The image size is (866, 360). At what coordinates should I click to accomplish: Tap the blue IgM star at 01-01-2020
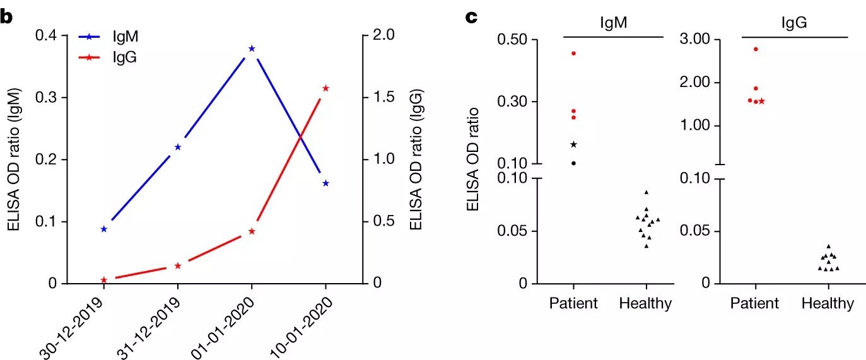252,49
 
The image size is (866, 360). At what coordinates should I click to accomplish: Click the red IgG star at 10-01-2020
325,88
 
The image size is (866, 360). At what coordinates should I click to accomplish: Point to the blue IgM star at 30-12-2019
104,229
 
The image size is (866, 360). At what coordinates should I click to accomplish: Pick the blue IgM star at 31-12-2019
178,147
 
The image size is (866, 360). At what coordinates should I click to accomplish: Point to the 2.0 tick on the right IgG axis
382,36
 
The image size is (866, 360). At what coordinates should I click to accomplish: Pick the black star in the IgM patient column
573,144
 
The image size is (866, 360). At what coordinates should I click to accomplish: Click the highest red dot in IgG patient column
755,49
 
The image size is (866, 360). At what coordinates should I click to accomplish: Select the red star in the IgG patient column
762,101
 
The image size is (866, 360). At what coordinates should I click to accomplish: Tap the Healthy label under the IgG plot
828,303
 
